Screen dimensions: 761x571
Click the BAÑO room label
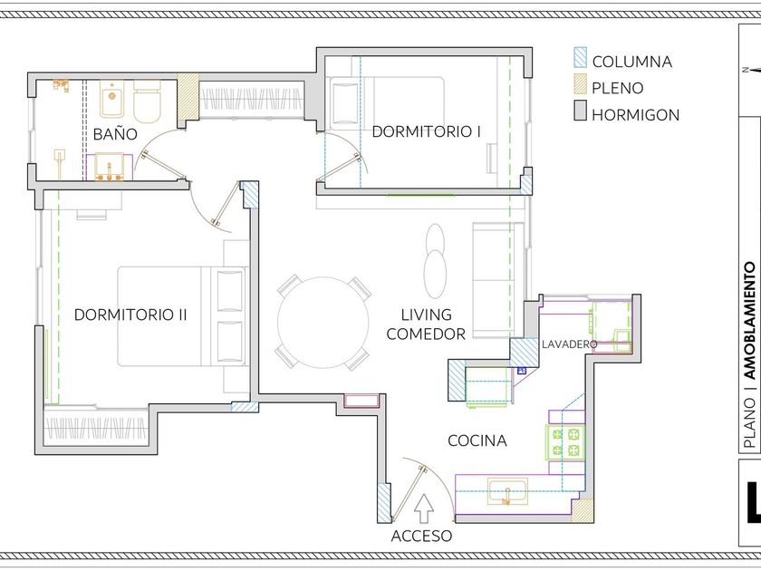coord(115,134)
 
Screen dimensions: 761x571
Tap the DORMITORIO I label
coord(426,131)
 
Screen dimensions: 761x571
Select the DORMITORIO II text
coord(130,315)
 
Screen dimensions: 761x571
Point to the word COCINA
coord(477,440)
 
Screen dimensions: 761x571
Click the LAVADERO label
coord(569,344)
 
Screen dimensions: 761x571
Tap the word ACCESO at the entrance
coord(421,536)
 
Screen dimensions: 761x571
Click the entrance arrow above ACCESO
coord(425,508)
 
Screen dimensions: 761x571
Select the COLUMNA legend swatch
coord(580,57)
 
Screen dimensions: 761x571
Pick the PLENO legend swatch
coord(580,84)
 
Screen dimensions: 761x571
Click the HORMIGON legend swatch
coord(580,111)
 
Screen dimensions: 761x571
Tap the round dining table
coord(323,323)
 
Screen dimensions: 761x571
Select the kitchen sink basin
coord(507,492)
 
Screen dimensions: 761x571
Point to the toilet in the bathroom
coord(147,102)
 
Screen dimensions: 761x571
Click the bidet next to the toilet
coord(112,100)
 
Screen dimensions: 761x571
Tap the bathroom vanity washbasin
coord(110,166)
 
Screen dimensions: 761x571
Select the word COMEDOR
coord(426,334)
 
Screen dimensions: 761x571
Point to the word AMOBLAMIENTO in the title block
coord(750,321)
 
